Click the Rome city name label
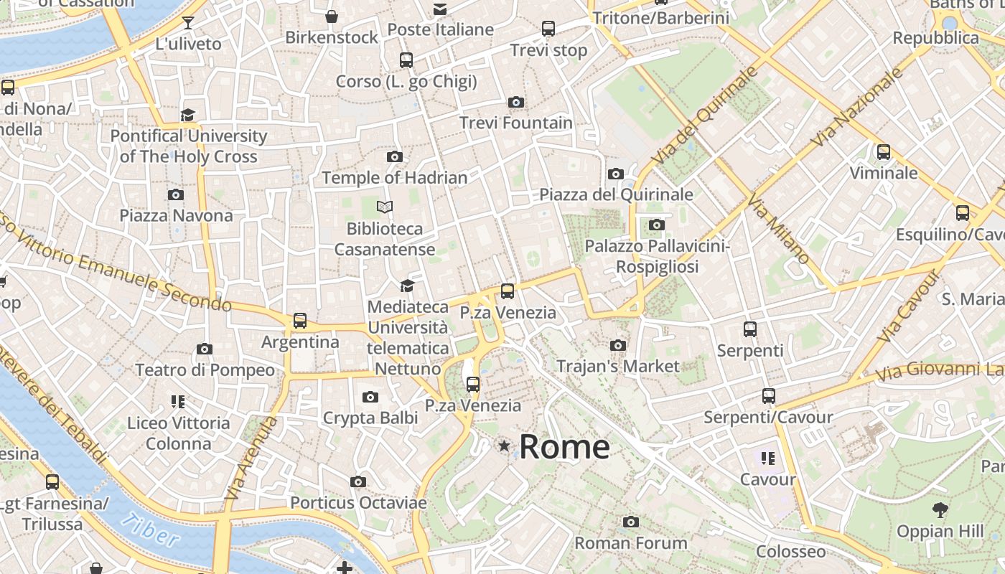point(564,446)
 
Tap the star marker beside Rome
point(505,446)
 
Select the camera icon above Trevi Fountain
point(515,102)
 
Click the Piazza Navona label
point(176,215)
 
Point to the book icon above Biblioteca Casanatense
point(385,207)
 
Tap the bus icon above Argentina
point(300,321)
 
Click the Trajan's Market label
point(617,366)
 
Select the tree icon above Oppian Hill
point(940,510)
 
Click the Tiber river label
point(150,530)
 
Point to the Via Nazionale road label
point(858,108)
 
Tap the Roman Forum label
point(631,543)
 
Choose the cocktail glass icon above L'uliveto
point(188,23)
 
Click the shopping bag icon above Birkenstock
point(332,16)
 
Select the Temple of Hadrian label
point(394,177)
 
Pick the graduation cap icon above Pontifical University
point(188,115)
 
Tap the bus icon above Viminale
point(884,152)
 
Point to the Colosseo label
point(790,551)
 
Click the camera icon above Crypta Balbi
point(370,397)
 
